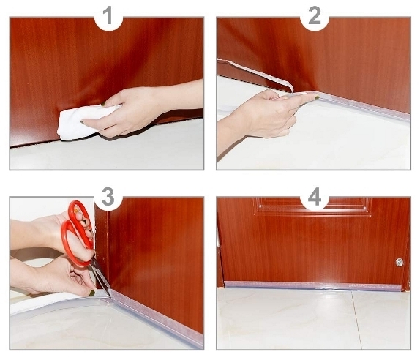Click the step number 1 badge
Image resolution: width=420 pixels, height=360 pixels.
tap(108, 15)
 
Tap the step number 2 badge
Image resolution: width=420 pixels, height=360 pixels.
tap(315, 15)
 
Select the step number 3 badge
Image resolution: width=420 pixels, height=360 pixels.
tap(108, 197)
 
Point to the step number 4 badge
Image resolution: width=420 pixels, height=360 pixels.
tap(315, 197)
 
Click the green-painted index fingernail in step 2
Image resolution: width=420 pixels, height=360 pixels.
tap(317, 97)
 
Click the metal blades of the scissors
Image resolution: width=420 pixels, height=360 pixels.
tap(101, 278)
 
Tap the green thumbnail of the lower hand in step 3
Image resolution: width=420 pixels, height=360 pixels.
tap(92, 293)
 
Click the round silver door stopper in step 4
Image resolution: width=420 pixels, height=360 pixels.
tap(399, 262)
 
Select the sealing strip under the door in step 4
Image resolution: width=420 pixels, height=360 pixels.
tap(312, 285)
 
